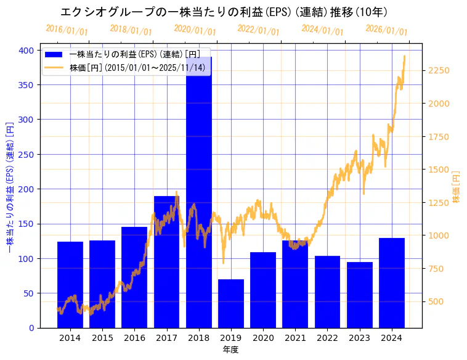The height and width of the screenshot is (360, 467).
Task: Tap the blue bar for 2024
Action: pos(392,283)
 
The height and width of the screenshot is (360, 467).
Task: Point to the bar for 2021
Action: pos(295,284)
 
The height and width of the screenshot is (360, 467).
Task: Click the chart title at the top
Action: pos(224,12)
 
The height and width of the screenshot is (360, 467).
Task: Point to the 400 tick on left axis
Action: pos(28,50)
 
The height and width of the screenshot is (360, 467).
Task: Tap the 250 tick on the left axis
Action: pos(28,154)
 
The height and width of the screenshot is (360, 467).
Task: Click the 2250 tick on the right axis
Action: pos(439,70)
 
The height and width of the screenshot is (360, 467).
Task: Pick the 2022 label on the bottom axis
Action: pos(327,338)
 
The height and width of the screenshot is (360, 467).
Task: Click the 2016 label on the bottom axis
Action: pos(134,338)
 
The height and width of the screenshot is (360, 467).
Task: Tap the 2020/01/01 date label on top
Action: pos(195,29)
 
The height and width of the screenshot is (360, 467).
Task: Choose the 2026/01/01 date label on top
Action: pos(386,29)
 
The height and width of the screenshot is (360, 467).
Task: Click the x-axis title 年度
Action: pos(230,350)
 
